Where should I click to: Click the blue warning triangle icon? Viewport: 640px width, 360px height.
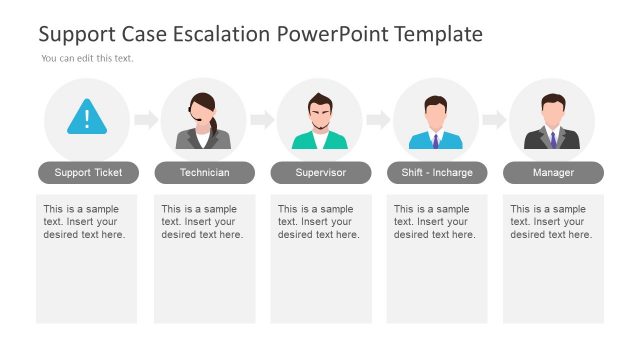[x=87, y=118]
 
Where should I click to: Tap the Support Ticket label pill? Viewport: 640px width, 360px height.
[x=88, y=173]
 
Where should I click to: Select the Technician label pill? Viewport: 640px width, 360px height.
[x=204, y=173]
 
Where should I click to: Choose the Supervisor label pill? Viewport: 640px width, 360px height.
[x=320, y=173]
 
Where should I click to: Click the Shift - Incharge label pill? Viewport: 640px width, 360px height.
[x=436, y=173]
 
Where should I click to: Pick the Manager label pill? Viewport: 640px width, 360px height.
[x=553, y=173]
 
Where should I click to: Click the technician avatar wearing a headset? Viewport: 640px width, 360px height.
[x=204, y=122]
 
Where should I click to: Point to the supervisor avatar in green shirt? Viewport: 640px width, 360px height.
[x=320, y=122]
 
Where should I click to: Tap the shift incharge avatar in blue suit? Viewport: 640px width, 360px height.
[x=436, y=122]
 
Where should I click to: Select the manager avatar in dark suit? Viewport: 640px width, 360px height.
[x=552, y=122]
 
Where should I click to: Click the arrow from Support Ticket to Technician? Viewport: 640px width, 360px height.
[x=146, y=120]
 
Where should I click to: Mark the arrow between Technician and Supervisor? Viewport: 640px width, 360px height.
[x=262, y=120]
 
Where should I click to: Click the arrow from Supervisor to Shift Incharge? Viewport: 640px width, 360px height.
[x=378, y=120]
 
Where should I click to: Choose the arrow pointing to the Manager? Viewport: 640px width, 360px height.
[x=494, y=120]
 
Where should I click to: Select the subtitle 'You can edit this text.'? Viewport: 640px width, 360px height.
[x=87, y=58]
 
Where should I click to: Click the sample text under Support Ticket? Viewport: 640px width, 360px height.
[x=85, y=222]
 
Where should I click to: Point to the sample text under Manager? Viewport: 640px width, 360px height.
[x=551, y=222]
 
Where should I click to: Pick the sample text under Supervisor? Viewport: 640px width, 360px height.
[x=319, y=222]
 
